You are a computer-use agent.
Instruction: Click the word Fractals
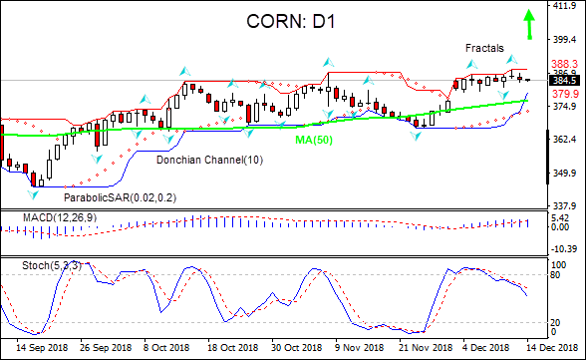point(484,48)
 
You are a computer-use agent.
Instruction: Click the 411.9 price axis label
point(566,5)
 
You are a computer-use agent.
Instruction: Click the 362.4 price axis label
point(566,140)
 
